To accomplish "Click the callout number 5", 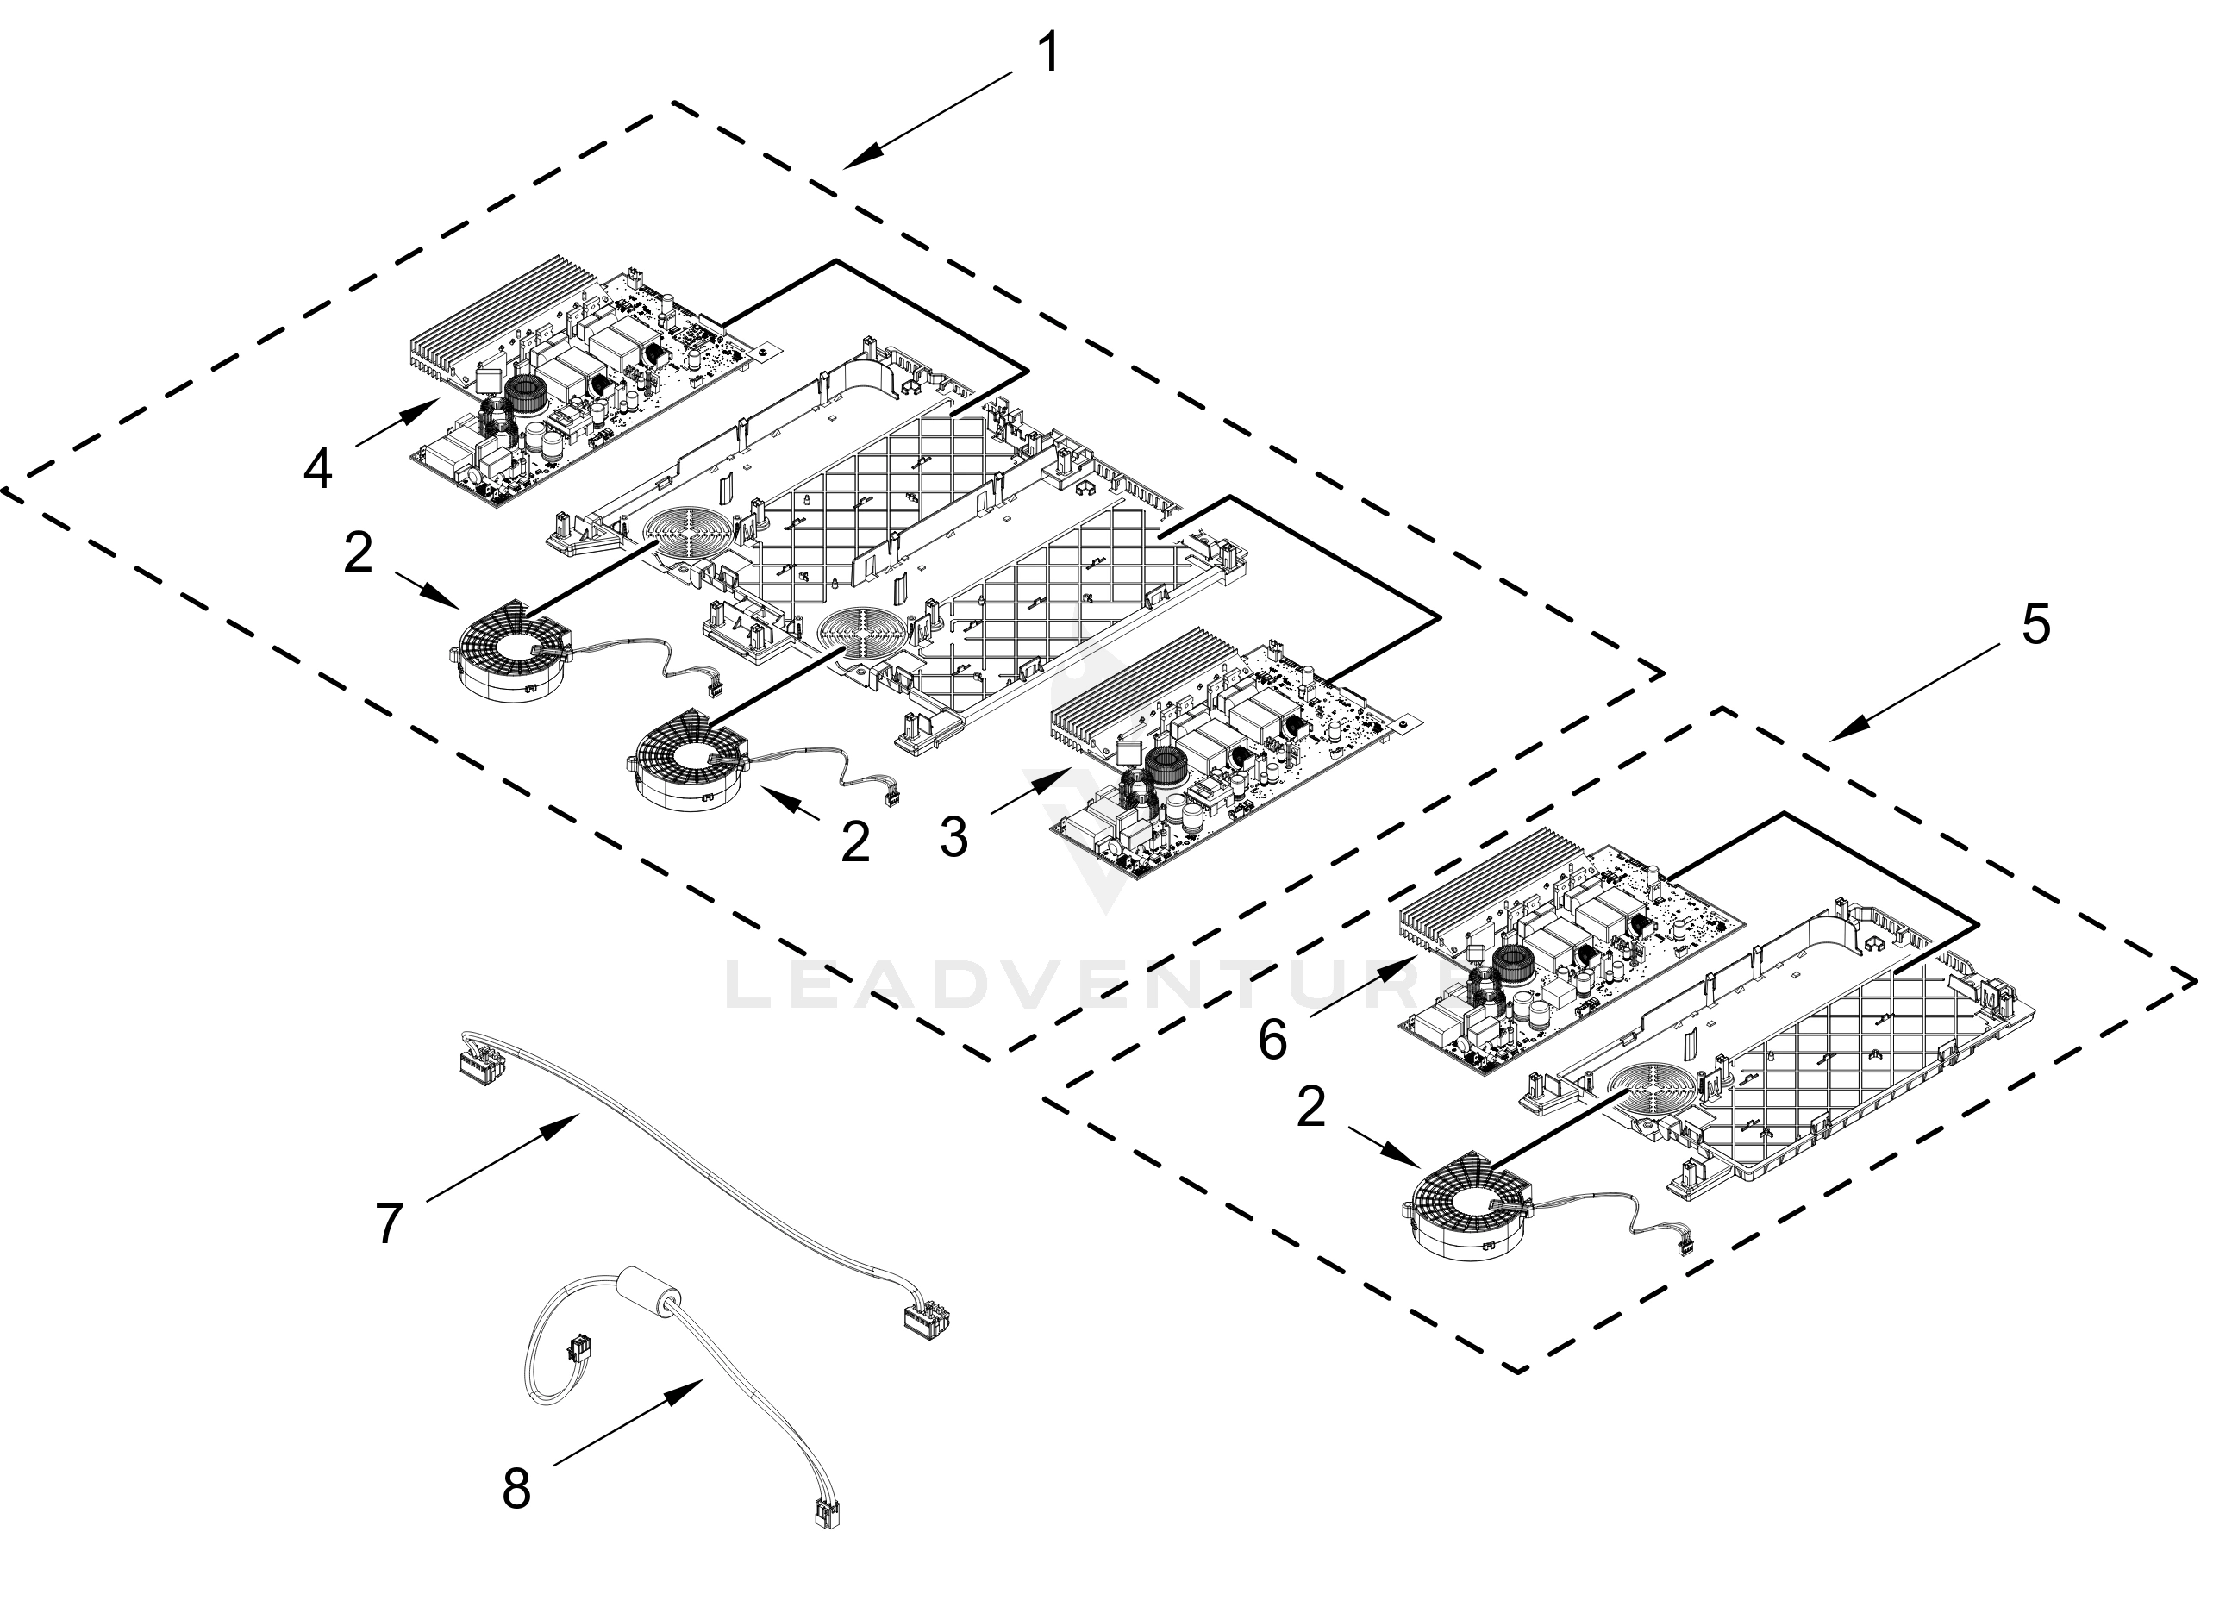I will point(2035,624).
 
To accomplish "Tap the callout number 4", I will point(318,470).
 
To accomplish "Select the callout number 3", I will point(953,838).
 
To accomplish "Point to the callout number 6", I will point(1272,1041).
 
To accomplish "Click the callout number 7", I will point(390,1223).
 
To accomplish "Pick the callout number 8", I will point(516,1489).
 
